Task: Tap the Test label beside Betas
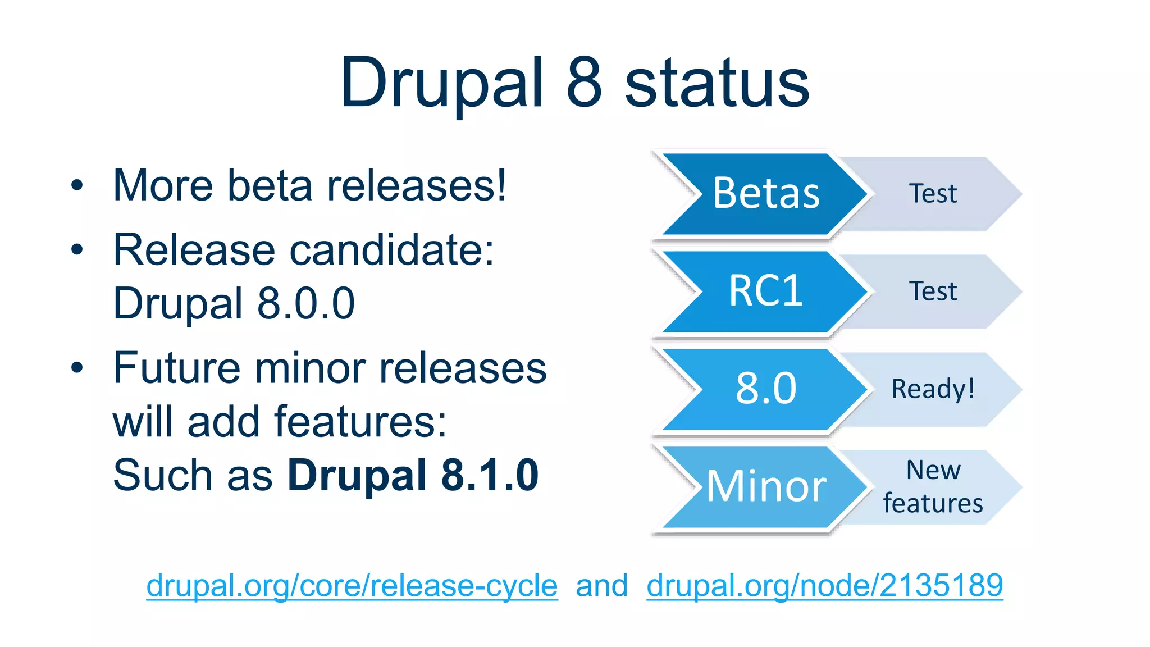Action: point(933,194)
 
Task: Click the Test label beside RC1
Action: point(933,291)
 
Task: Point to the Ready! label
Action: point(933,389)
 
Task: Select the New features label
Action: point(933,487)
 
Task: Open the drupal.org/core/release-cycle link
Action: point(352,586)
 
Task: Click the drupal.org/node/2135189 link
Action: point(824,586)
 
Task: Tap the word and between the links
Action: point(601,586)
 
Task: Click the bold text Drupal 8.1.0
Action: point(413,475)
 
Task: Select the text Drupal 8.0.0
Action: point(234,303)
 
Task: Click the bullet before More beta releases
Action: point(77,185)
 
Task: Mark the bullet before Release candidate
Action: point(77,250)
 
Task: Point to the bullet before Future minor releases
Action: point(77,368)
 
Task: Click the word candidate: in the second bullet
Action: point(391,250)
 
